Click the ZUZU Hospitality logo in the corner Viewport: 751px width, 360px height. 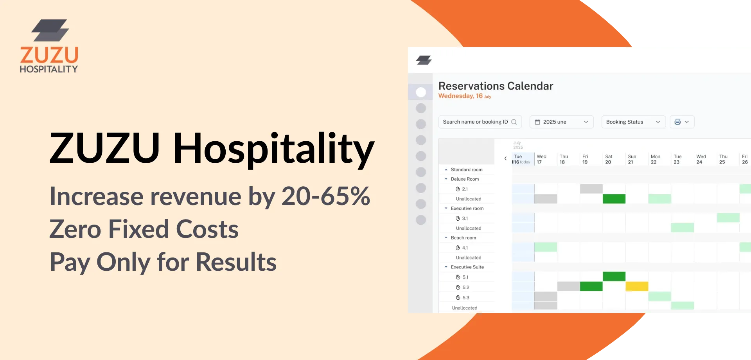coord(49,46)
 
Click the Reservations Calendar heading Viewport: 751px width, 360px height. coord(496,86)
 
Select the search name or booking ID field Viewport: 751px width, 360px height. coord(480,122)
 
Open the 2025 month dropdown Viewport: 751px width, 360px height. coord(561,122)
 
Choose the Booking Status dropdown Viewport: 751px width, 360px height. coord(633,122)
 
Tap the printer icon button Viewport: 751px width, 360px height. coord(682,122)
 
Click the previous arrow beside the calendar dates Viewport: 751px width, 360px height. coord(505,158)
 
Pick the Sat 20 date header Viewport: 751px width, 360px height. coord(609,159)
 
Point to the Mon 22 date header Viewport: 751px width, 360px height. coord(655,159)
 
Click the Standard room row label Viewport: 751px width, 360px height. coord(466,169)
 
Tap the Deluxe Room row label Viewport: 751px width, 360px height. coord(465,179)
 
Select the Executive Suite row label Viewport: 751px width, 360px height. coord(467,267)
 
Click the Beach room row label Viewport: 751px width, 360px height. coord(463,238)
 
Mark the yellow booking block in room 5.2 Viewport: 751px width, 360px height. coord(637,286)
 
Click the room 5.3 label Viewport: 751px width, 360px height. coord(465,298)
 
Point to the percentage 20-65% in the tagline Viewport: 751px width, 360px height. coord(325,196)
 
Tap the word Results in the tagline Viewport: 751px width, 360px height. coord(236,262)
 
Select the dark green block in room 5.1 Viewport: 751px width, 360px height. coord(614,276)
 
